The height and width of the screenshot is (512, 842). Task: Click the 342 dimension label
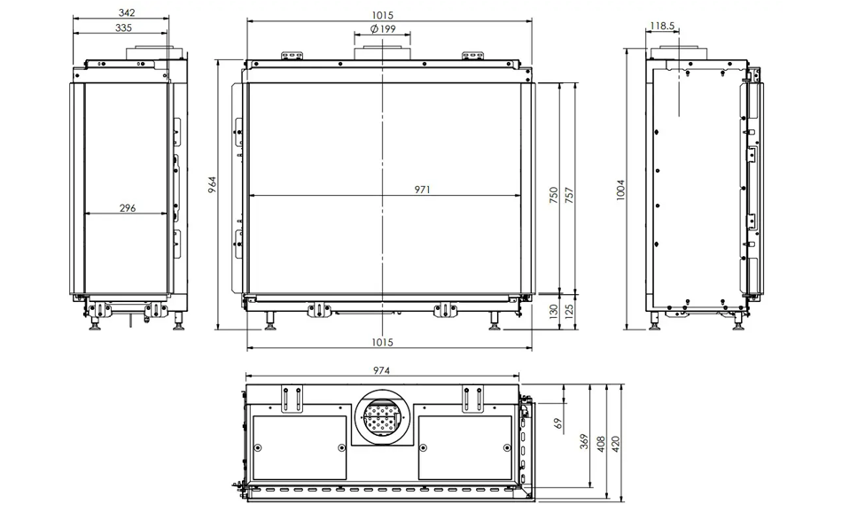coord(127,12)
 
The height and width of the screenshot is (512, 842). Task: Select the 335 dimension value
coord(123,27)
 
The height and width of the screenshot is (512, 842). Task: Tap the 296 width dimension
coord(128,207)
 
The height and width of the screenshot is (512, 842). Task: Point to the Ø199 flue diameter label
coord(383,28)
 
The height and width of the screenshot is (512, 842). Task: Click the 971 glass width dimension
coord(423,190)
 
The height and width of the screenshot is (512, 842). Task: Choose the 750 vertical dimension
coord(554,195)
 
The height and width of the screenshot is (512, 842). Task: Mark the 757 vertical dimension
coord(569,195)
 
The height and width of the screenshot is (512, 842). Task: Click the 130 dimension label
coord(554,311)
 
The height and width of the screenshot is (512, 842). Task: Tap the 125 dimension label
coord(569,311)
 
